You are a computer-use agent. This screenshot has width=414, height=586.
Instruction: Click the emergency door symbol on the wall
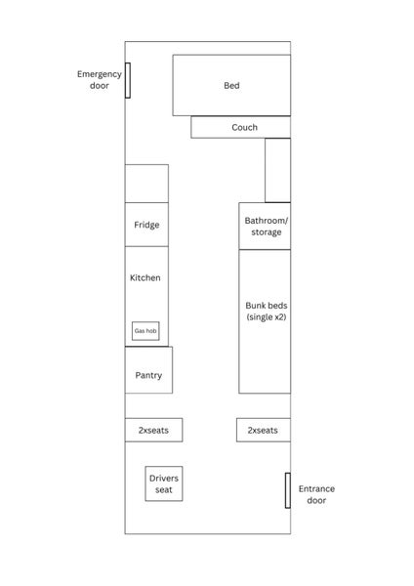(x=128, y=80)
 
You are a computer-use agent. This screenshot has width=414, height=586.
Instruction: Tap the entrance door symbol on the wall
(x=288, y=490)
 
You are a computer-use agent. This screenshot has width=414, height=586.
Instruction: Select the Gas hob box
(x=145, y=331)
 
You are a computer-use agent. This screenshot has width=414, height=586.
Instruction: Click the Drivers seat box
(x=164, y=483)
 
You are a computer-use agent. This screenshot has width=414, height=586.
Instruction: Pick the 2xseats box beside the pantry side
(x=154, y=430)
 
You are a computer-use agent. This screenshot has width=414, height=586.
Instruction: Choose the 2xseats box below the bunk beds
(x=264, y=430)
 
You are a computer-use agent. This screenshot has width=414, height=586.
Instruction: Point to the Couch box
(x=240, y=127)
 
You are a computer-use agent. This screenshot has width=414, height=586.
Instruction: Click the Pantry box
(x=148, y=370)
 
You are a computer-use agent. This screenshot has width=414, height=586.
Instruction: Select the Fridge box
(x=146, y=225)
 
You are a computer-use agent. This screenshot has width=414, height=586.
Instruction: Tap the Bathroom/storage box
(x=265, y=227)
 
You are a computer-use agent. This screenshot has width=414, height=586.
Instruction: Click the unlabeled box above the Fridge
(x=146, y=184)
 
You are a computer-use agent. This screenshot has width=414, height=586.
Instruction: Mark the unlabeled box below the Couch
(x=277, y=170)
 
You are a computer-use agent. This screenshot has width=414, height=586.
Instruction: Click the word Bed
(x=231, y=86)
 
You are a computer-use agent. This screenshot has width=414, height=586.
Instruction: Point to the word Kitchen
(x=145, y=277)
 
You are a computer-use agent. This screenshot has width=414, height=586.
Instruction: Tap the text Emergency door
(x=100, y=80)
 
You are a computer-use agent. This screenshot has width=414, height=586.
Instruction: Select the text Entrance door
(x=316, y=494)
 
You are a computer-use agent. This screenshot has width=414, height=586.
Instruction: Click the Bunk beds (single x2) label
(x=267, y=311)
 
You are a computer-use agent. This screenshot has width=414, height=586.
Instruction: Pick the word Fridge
(x=146, y=225)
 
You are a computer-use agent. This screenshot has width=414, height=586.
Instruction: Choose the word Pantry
(x=148, y=376)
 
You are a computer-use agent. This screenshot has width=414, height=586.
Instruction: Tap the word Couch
(x=245, y=127)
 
